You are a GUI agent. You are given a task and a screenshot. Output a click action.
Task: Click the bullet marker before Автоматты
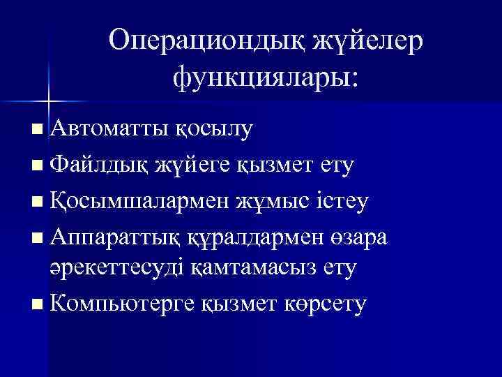pyautogui.click(x=37, y=129)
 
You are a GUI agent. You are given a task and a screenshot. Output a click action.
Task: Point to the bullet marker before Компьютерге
pyautogui.click(x=37, y=304)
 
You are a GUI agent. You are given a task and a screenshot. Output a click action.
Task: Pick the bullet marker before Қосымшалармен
pyautogui.click(x=37, y=202)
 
